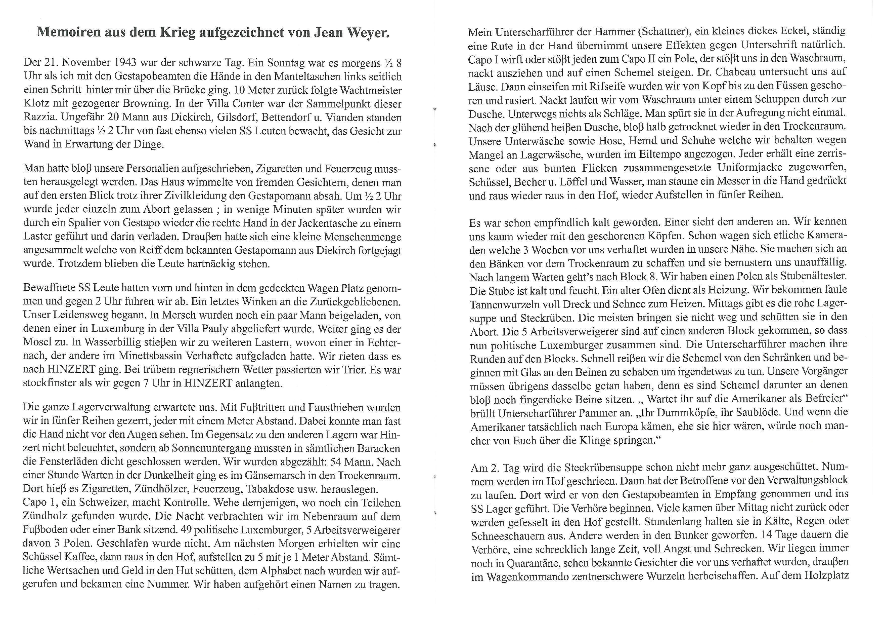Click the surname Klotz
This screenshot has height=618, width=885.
coord(37,104)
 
